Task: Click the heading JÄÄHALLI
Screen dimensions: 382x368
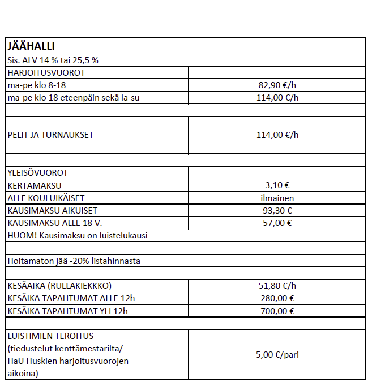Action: tap(31, 46)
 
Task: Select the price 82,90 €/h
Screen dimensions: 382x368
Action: tap(277, 85)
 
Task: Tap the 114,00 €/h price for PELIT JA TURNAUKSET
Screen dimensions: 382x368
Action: tap(277, 135)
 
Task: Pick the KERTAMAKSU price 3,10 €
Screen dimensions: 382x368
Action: tap(277, 185)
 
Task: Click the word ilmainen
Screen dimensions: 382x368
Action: tap(277, 198)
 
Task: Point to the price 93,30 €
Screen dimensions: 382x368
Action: tap(277, 210)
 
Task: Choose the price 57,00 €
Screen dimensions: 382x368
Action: tap(277, 223)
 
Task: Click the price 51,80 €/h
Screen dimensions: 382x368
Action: tap(277, 286)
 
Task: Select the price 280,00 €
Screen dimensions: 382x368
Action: tap(277, 298)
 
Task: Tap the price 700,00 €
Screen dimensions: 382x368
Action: tap(277, 311)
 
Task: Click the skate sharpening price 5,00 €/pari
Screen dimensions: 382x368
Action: tap(277, 355)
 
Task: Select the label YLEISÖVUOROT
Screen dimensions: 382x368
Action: tap(37, 172)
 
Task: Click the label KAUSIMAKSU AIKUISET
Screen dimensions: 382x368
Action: tap(52, 210)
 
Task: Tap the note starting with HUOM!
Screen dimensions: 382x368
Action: tap(78, 235)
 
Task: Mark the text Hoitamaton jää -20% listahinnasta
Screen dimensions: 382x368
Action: tap(74, 261)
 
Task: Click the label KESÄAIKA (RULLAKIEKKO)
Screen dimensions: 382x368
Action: tap(63, 286)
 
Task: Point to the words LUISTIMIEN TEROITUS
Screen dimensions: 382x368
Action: tap(50, 336)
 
